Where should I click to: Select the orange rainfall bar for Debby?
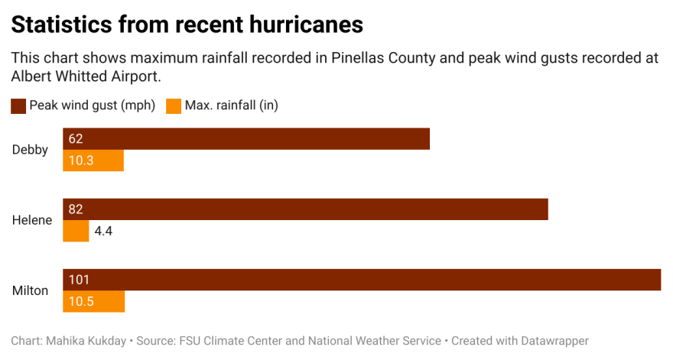click(x=93, y=161)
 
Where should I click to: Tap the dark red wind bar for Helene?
click(x=305, y=209)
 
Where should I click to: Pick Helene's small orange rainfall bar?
click(x=76, y=231)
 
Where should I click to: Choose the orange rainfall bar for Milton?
click(x=93, y=301)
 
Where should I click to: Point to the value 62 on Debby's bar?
click(x=75, y=138)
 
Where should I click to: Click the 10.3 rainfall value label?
click(x=80, y=161)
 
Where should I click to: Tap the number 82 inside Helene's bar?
click(x=75, y=209)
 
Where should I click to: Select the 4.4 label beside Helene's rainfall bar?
click(x=104, y=231)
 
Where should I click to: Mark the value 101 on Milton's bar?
click(x=79, y=280)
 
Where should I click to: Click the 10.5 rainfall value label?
click(x=80, y=301)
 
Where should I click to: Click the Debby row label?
click(x=30, y=150)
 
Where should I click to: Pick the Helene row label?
click(x=32, y=220)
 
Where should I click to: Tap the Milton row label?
click(x=31, y=290)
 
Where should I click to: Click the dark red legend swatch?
click(x=18, y=106)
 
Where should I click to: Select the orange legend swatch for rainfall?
click(x=173, y=106)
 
